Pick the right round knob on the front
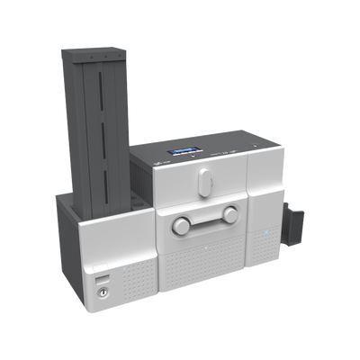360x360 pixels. [x=230, y=213]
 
